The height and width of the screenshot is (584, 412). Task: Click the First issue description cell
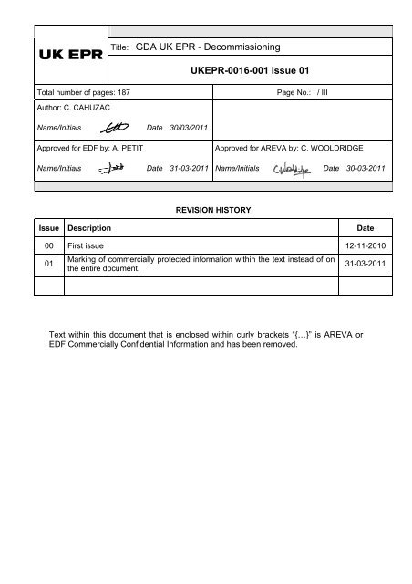click(88, 246)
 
